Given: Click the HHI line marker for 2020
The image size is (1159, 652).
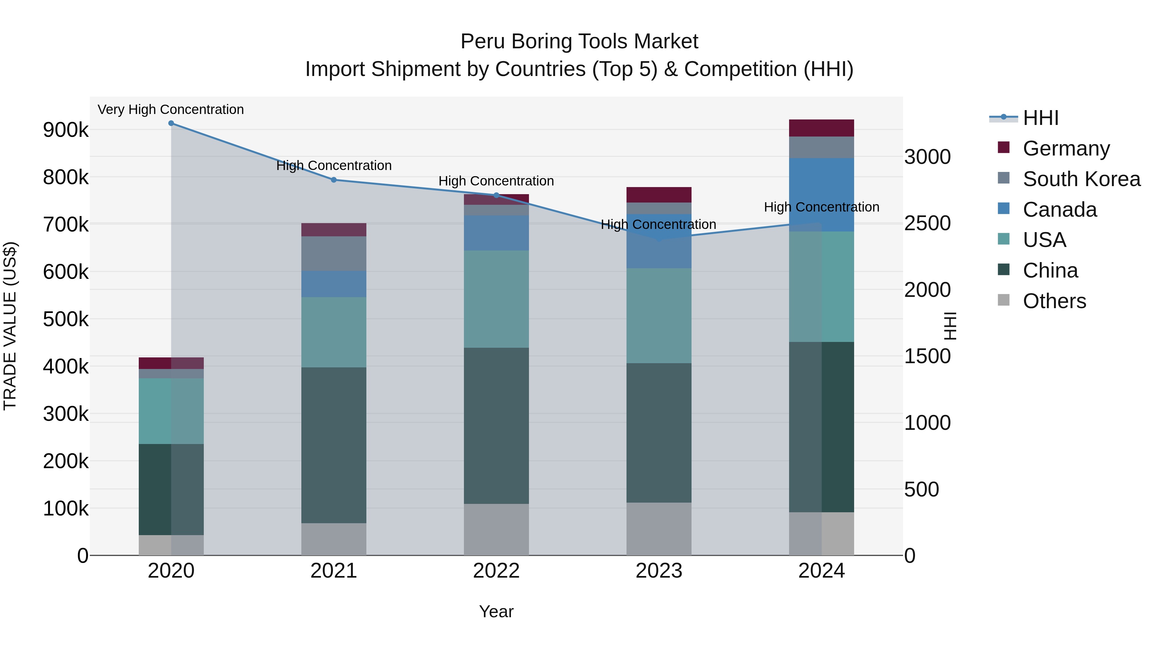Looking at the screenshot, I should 171,123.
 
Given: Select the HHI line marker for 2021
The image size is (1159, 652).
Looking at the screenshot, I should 334,180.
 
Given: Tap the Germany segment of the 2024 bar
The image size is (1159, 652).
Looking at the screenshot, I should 822,128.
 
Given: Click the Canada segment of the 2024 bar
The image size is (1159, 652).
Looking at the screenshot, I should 822,195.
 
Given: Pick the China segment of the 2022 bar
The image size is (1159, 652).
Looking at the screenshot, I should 496,426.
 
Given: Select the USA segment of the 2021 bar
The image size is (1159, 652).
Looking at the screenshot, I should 334,332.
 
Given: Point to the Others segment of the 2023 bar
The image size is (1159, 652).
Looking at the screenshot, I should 659,529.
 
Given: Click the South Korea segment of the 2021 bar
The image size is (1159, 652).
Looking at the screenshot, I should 334,253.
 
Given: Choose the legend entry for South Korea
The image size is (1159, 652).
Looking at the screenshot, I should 1081,179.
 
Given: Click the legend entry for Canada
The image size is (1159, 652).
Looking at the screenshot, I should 1060,209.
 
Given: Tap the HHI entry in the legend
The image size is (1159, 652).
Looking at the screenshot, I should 1040,118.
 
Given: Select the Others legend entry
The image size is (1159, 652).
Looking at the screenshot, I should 1054,301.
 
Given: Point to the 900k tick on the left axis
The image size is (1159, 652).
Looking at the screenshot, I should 66,130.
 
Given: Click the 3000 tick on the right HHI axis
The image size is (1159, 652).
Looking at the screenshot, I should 927,157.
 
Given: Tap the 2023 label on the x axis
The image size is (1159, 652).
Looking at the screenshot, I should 659,571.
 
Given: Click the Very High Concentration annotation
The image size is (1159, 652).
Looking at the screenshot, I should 171,109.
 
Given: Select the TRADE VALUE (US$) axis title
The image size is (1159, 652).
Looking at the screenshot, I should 10,326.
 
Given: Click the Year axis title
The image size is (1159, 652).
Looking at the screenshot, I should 496,611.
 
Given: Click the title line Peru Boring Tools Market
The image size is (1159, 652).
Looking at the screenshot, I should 579,42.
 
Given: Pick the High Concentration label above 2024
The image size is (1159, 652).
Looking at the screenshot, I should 822,207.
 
